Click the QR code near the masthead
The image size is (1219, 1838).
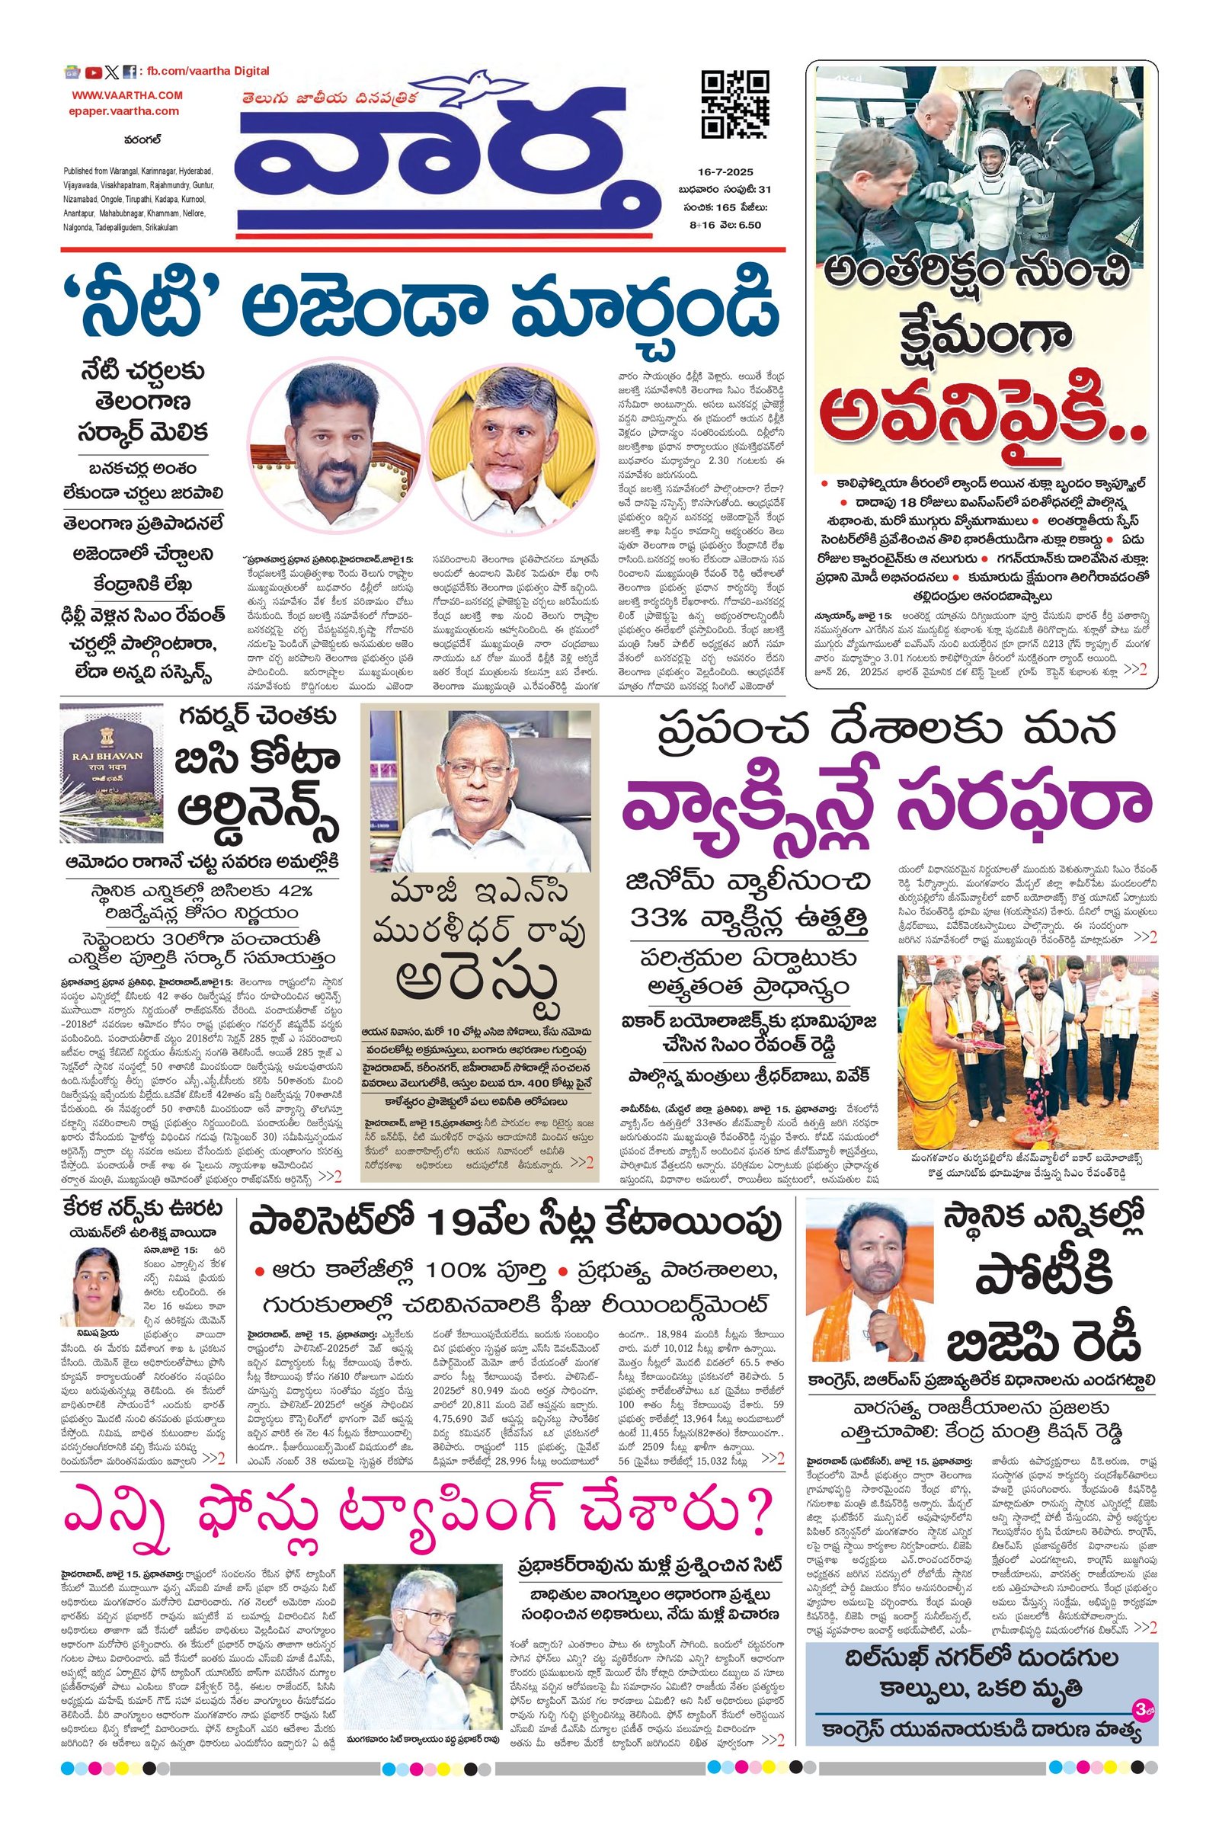pyautogui.click(x=734, y=104)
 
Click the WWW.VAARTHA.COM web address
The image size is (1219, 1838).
pyautogui.click(x=128, y=95)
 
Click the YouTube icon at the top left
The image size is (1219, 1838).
pyautogui.click(x=93, y=72)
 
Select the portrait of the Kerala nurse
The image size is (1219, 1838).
pyautogui.click(x=100, y=1280)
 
